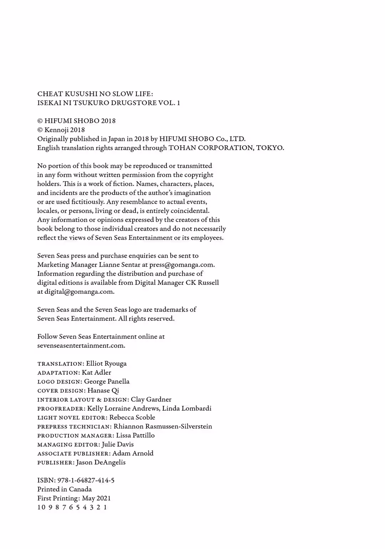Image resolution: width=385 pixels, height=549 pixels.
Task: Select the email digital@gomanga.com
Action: click(79, 292)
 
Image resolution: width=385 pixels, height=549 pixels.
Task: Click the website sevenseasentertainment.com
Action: click(81, 345)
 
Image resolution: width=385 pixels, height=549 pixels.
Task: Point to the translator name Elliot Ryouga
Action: click(106, 364)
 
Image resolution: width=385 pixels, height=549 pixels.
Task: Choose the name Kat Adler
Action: click(96, 373)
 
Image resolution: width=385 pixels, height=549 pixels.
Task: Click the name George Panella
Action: click(107, 381)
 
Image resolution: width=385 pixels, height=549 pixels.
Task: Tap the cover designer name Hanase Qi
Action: click(103, 390)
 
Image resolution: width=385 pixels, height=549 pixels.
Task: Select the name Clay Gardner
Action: click(151, 400)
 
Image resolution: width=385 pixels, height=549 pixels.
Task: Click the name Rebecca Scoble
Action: click(132, 417)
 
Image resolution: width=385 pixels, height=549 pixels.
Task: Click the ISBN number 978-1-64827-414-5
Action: click(86, 481)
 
